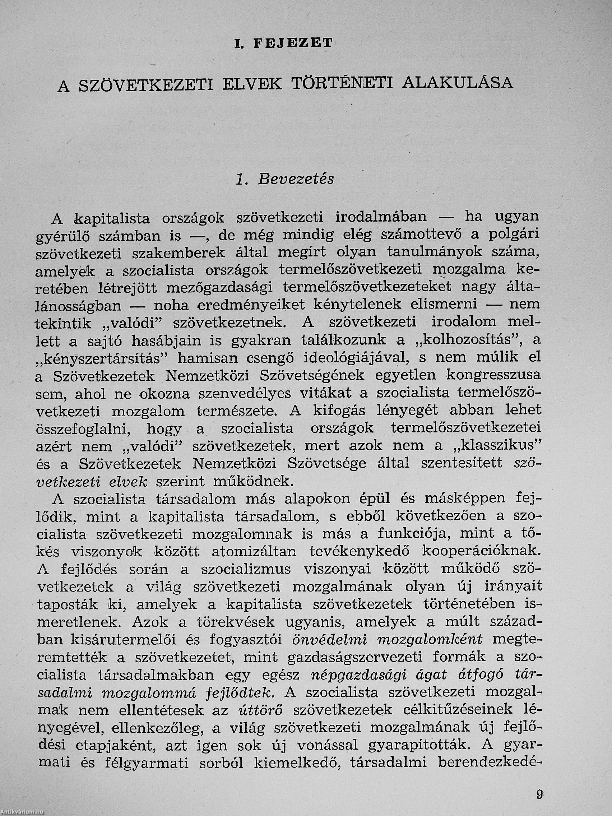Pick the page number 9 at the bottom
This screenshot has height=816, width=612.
tap(540, 792)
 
